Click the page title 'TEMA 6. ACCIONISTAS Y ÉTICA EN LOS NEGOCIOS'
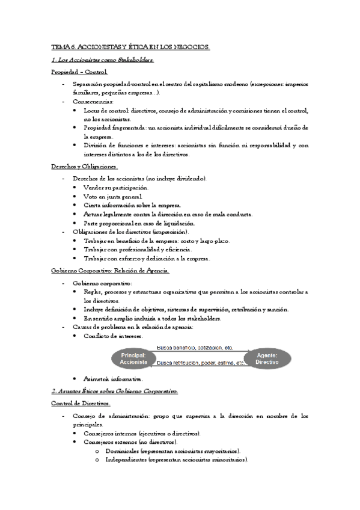click(130, 46)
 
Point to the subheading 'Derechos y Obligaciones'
click(84, 167)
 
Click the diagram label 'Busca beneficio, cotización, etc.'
click(195, 348)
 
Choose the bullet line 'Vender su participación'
click(116, 188)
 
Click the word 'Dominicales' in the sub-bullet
click(123, 450)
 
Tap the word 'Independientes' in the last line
click(126, 460)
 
